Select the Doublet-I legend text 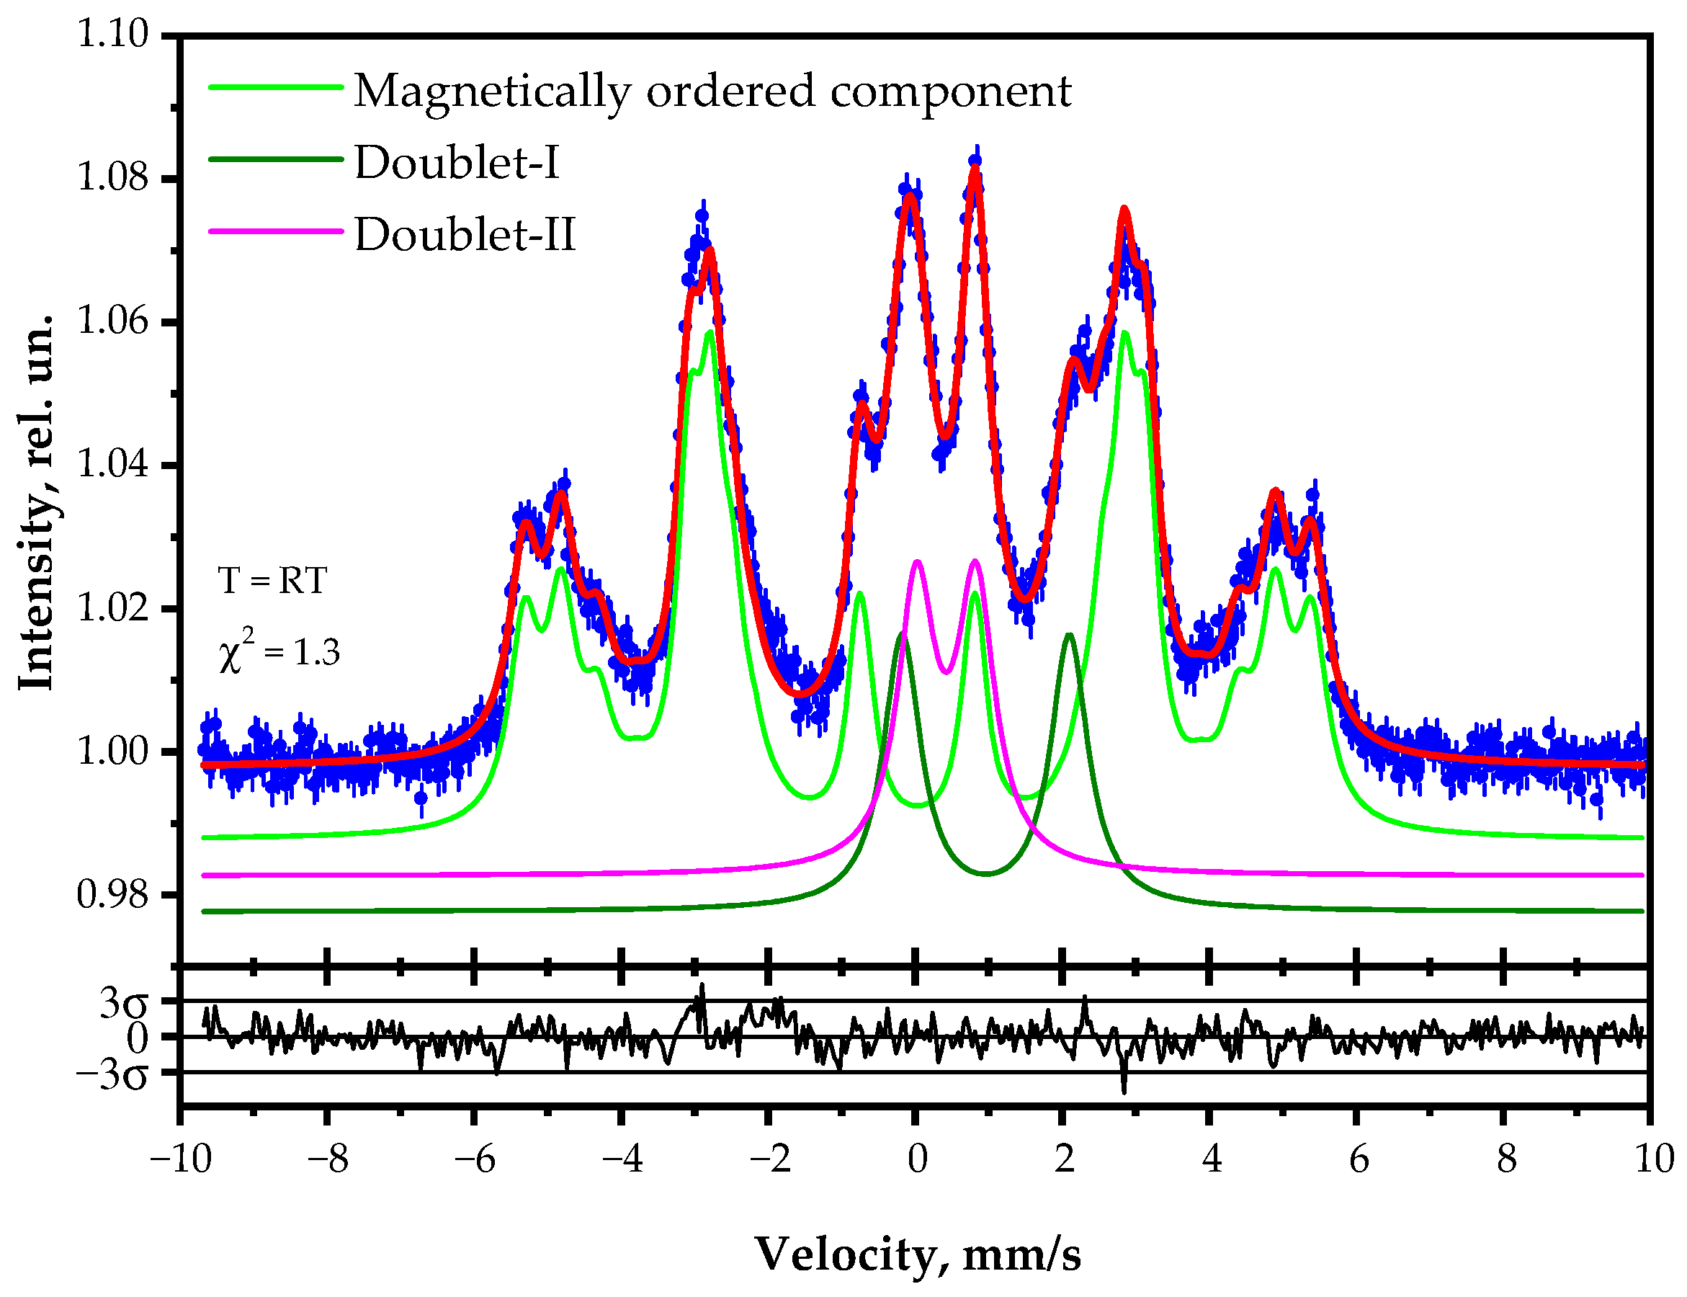[x=456, y=163]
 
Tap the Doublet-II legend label [x=465, y=235]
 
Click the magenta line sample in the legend [x=275, y=231]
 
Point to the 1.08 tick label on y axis [x=112, y=177]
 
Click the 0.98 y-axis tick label [x=112, y=894]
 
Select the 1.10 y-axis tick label [x=112, y=34]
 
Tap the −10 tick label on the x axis [x=180, y=1159]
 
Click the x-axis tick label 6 [x=1359, y=1159]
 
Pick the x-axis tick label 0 [x=917, y=1159]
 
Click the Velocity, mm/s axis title [x=917, y=1254]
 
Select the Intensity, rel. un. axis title [x=35, y=502]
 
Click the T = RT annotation [x=272, y=581]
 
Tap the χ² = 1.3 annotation [x=279, y=651]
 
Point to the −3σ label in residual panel [x=112, y=1074]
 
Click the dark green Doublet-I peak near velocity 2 [x=1069, y=635]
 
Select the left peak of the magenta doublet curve [x=917, y=561]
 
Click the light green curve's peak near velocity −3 [x=709, y=332]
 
